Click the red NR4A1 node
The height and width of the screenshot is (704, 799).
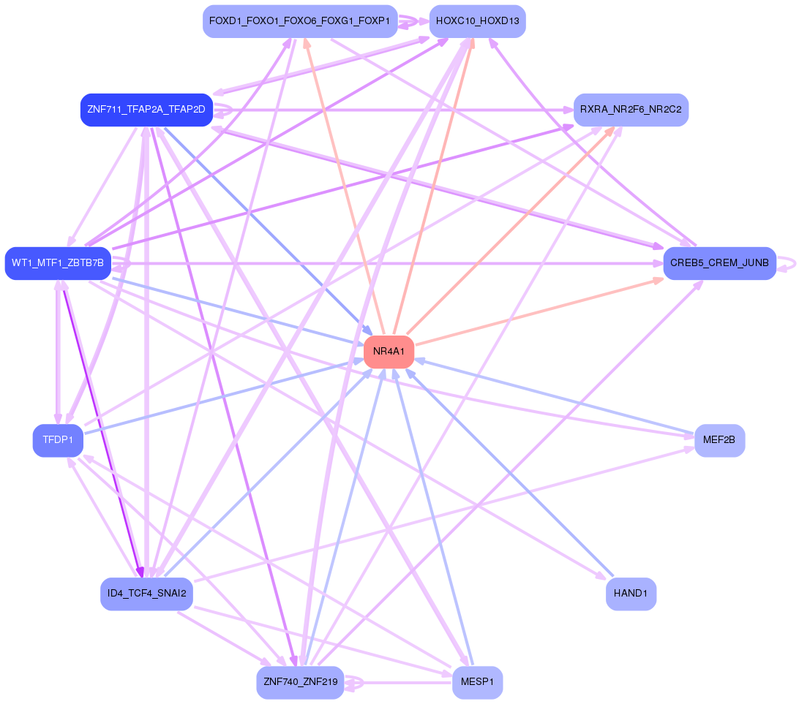[389, 352]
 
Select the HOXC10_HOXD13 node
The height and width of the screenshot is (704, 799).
[477, 21]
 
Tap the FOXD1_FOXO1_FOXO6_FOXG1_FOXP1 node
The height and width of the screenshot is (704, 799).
[299, 21]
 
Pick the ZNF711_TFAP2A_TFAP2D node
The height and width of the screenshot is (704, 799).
[146, 110]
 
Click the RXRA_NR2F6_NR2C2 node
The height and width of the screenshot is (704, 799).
[631, 110]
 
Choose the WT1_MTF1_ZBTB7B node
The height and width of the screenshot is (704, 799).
[57, 262]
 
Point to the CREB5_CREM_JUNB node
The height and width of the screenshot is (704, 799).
[719, 262]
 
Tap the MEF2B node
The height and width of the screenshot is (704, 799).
[719, 440]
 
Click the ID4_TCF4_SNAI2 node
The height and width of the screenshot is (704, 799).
[146, 593]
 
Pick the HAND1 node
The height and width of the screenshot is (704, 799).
[631, 594]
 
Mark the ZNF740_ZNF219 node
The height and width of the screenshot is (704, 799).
[300, 683]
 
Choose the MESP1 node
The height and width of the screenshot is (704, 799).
[477, 683]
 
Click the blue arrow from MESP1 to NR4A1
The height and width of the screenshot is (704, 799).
[435, 519]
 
